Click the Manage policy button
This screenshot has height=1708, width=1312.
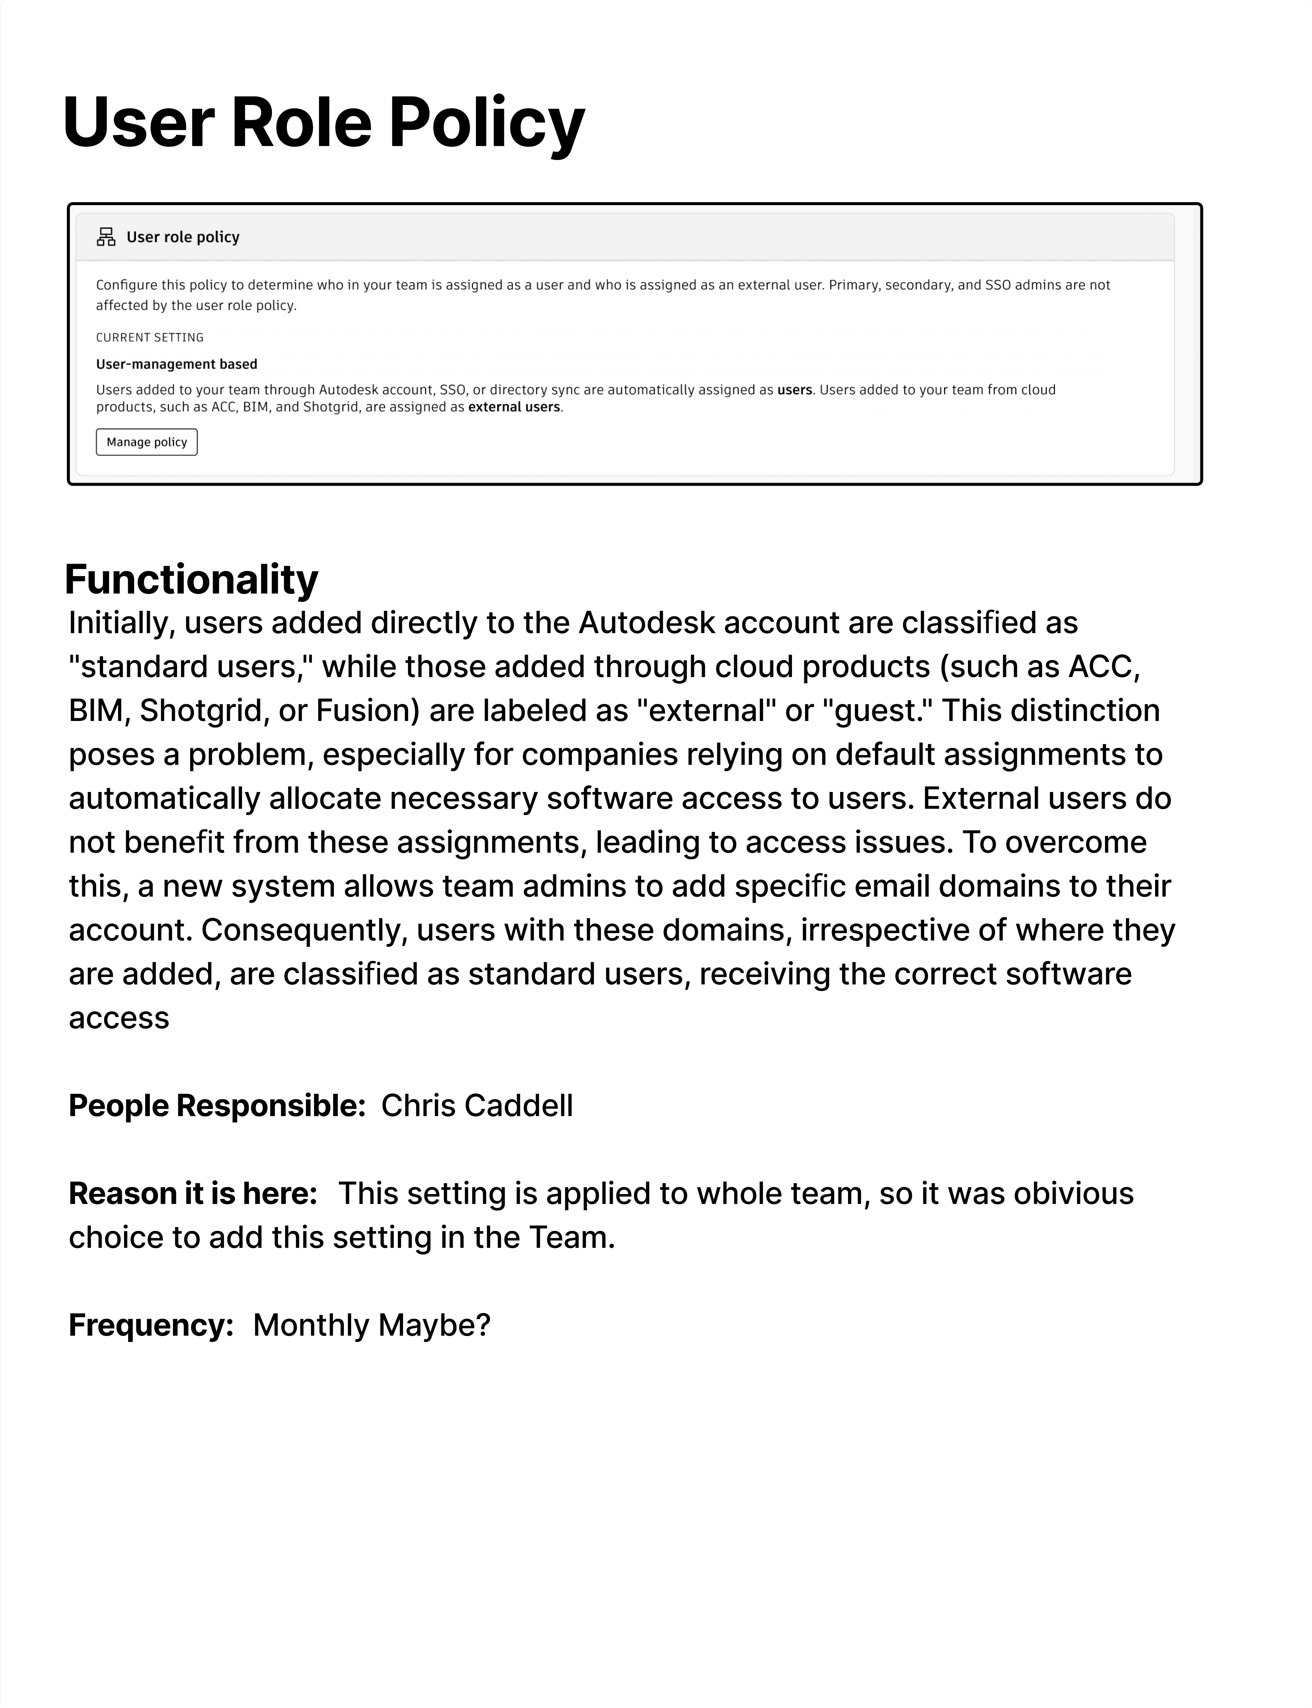point(147,442)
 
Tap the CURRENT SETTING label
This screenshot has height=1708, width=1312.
point(150,337)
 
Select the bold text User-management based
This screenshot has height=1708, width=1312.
point(176,364)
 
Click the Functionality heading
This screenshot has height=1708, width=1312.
point(191,579)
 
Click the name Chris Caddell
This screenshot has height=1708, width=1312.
point(477,1106)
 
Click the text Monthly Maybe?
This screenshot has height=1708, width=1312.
point(372,1325)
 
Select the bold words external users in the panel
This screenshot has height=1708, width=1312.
point(514,407)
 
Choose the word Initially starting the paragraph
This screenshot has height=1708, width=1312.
point(121,623)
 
